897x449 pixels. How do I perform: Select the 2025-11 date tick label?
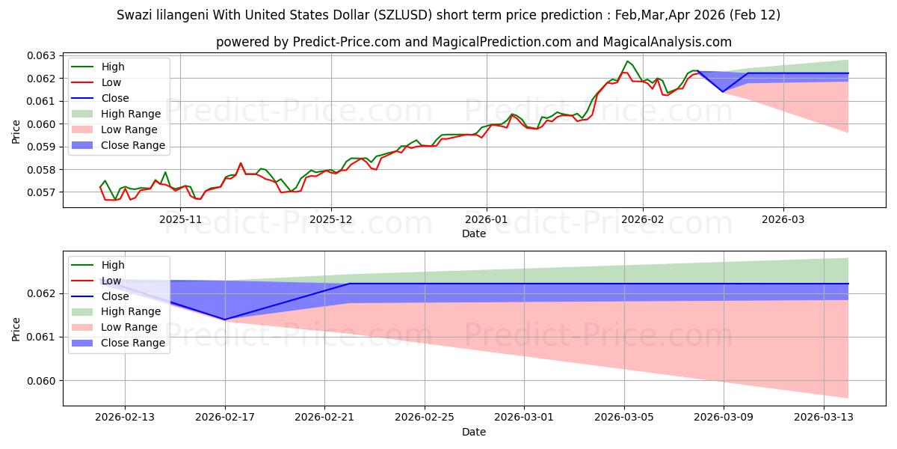pos(182,219)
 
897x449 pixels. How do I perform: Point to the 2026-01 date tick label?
pos(487,219)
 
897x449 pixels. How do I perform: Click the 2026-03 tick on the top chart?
pos(783,219)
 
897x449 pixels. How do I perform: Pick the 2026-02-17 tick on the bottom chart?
pos(225,418)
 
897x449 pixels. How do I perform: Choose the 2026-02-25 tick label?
pos(425,418)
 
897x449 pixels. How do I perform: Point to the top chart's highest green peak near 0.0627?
pos(627,61)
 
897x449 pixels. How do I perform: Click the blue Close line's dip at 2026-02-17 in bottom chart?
pos(225,320)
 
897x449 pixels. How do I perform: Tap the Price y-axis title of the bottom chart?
pos(16,329)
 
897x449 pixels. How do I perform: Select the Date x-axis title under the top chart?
pos(473,233)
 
